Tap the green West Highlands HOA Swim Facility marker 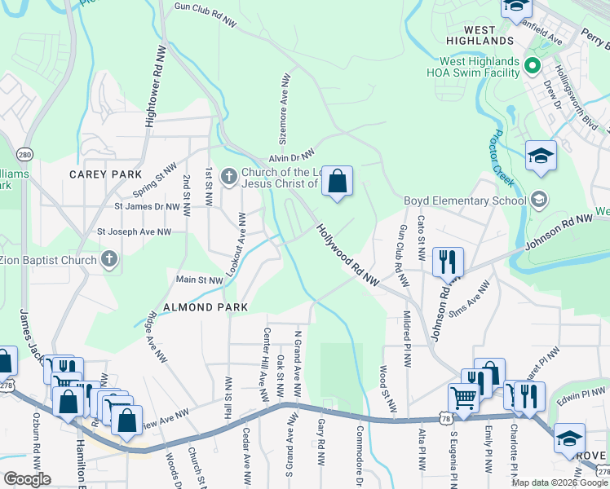[533, 64]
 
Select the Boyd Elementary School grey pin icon [538, 200]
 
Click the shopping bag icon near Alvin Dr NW [338, 181]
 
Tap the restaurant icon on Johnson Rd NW [448, 262]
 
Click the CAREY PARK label [105, 174]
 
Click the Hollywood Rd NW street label [348, 256]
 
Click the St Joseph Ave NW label [135, 231]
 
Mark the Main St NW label [200, 280]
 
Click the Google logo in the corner [26, 479]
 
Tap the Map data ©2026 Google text [559, 482]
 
